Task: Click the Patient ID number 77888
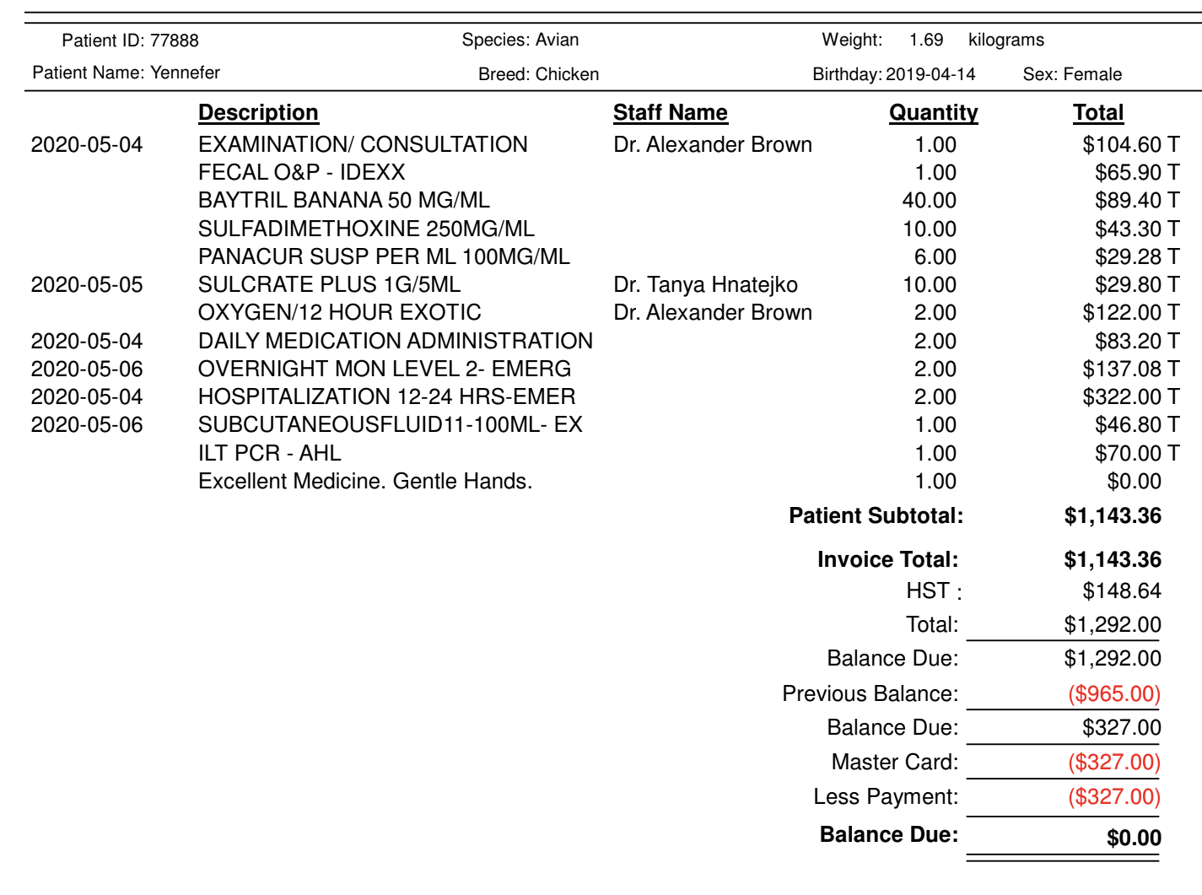tap(175, 40)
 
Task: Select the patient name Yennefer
tap(185, 73)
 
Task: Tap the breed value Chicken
tap(567, 74)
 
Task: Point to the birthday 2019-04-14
tap(930, 74)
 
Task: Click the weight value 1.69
tap(926, 40)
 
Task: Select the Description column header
tap(258, 112)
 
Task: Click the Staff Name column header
tap(670, 112)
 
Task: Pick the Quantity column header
tap(933, 112)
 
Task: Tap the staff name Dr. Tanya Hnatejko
tap(705, 284)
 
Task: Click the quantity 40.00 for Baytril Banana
tap(929, 200)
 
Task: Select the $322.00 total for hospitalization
tap(1122, 396)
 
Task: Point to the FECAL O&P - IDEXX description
tap(301, 172)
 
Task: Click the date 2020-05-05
tap(87, 284)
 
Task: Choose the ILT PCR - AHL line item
tap(269, 453)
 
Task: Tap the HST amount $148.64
tap(1122, 590)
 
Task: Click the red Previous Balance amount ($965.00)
tap(1114, 693)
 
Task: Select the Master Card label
tap(894, 762)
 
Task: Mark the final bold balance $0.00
tap(1134, 838)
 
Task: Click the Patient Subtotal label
tap(876, 515)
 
